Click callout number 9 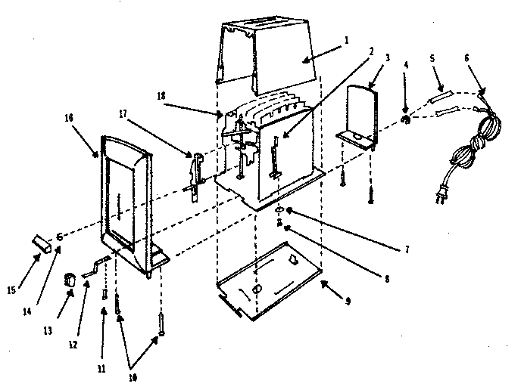(347, 302)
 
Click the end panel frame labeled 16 (125, 197)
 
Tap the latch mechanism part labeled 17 (195, 172)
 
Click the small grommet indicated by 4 (406, 118)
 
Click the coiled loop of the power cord (470, 144)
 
